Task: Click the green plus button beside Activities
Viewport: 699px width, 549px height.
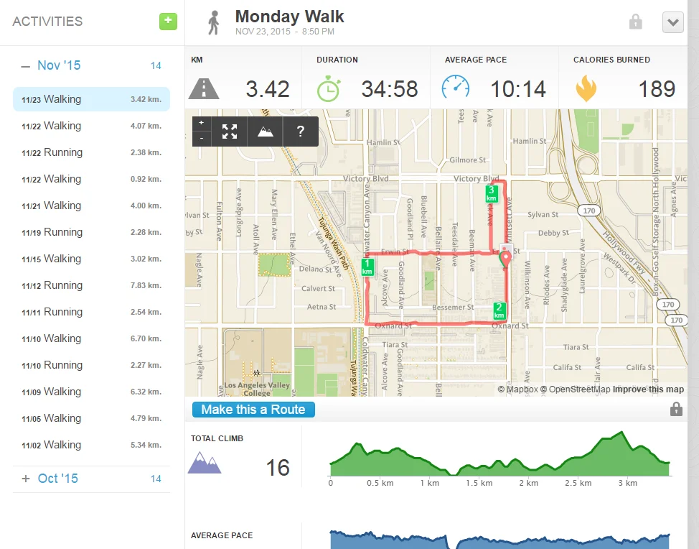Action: [x=168, y=21]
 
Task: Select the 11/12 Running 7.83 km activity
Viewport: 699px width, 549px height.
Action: [x=91, y=285]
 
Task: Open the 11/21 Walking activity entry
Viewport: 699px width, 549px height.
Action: [x=91, y=206]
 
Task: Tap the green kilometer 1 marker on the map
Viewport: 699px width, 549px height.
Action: [x=367, y=267]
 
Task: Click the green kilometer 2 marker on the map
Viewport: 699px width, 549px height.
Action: [x=499, y=310]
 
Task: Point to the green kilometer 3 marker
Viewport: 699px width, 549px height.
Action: [x=492, y=193]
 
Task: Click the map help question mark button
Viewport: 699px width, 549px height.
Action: [x=301, y=132]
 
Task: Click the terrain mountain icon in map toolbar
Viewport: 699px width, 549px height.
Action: [x=265, y=132]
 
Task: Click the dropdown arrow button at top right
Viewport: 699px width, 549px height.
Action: [x=672, y=22]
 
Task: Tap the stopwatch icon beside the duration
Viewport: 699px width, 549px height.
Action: [x=329, y=88]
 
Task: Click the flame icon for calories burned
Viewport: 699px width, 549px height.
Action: [x=586, y=88]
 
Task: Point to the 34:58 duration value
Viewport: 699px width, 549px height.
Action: [x=389, y=89]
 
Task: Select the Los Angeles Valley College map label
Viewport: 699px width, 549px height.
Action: [x=257, y=389]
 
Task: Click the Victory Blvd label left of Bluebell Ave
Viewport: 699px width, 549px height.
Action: [x=366, y=178]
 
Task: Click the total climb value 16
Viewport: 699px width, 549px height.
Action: [x=278, y=468]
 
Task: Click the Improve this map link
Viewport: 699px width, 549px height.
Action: [x=648, y=389]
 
